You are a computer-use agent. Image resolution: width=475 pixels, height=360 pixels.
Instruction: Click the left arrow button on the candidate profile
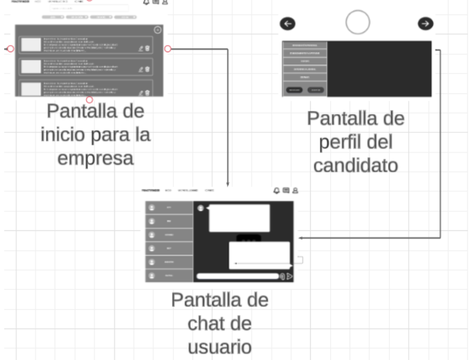[288, 23]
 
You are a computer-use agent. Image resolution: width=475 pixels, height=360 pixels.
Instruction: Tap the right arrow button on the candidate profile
[426, 23]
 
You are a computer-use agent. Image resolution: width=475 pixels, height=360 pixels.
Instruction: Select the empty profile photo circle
[358, 22]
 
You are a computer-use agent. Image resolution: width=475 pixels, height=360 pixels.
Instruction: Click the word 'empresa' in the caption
[96, 158]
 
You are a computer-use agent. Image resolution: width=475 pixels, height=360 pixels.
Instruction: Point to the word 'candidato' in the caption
[356, 165]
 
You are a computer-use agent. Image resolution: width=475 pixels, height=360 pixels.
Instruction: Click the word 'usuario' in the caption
[220, 347]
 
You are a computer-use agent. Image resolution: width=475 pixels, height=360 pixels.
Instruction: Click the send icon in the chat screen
[290, 276]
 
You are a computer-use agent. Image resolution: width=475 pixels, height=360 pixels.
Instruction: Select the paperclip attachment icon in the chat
[283, 276]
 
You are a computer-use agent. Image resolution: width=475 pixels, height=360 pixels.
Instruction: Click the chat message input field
[237, 276]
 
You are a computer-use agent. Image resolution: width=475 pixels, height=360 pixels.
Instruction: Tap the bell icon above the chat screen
[276, 191]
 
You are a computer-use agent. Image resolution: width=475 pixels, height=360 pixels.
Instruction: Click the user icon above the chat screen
[295, 191]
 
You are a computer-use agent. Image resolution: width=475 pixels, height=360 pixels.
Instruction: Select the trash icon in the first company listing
[147, 48]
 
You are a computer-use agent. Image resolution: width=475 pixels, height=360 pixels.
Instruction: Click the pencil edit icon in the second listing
[141, 69]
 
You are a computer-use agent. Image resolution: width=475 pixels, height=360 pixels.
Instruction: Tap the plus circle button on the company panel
[158, 30]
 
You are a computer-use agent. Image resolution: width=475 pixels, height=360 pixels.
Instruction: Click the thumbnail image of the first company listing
[31, 45]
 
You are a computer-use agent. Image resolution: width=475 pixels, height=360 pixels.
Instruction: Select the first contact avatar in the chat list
[152, 207]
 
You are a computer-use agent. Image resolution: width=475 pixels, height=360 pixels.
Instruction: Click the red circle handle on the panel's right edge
[168, 48]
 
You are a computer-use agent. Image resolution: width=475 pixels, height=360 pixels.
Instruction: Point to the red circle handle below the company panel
[90, 100]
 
